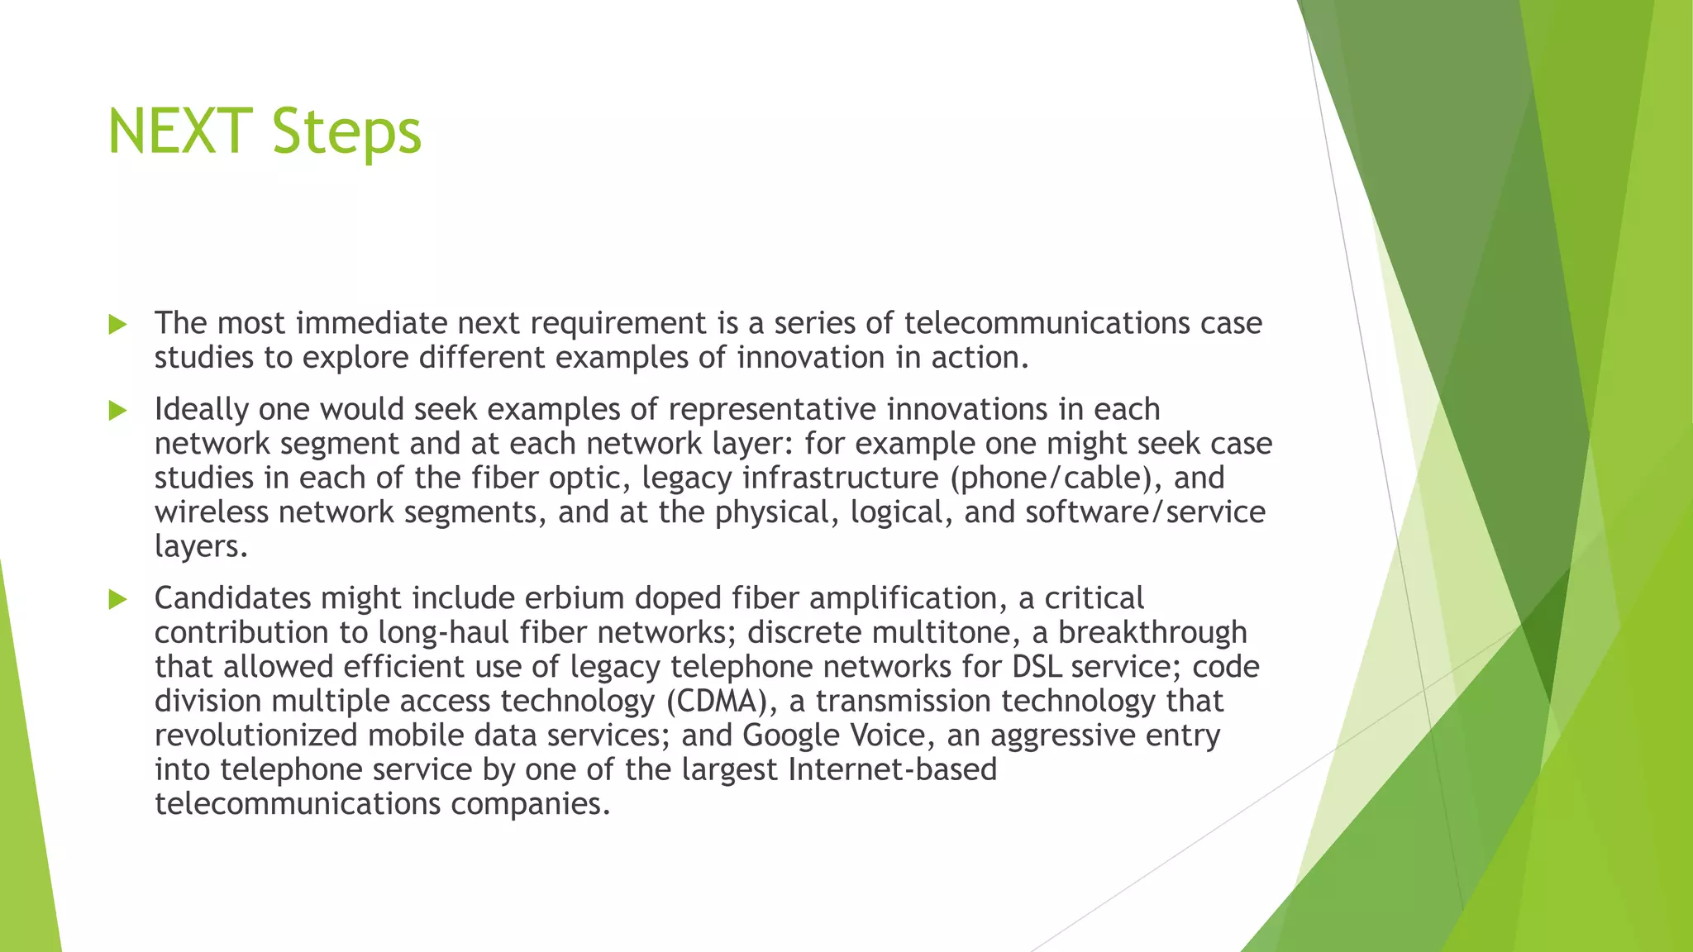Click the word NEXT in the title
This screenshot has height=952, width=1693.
point(179,131)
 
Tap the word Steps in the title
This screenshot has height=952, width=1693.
point(346,132)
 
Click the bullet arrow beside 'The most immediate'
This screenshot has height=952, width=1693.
point(118,324)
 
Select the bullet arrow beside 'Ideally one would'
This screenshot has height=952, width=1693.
point(118,410)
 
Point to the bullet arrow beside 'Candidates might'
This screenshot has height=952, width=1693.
point(118,599)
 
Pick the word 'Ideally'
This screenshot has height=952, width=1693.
point(202,410)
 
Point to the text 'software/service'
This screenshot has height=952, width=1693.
point(1145,512)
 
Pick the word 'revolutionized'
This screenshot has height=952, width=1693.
point(256,735)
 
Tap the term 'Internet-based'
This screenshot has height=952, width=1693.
point(893,769)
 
